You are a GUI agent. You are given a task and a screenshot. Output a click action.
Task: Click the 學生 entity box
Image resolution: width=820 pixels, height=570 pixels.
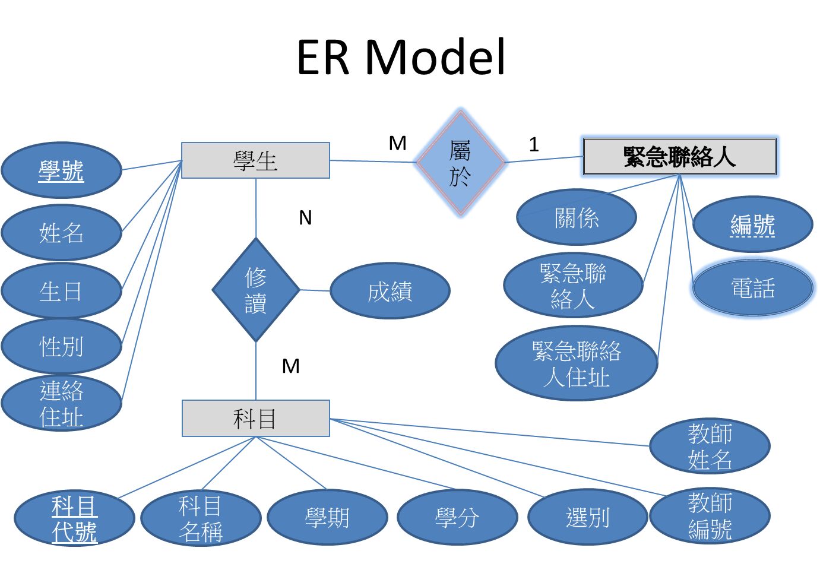[255, 160]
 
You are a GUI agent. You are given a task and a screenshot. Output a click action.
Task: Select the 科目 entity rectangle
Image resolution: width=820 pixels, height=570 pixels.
[255, 419]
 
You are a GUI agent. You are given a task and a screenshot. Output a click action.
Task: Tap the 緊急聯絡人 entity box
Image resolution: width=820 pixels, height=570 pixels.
[679, 157]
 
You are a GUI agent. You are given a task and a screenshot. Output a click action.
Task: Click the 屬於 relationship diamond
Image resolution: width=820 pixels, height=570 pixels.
[460, 162]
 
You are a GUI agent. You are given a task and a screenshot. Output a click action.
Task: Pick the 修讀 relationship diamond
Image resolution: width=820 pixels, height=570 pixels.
[256, 290]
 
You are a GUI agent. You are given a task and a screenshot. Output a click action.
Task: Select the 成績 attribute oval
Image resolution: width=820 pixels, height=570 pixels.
[390, 291]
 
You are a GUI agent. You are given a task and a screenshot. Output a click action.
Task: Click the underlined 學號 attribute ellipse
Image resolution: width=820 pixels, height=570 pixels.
[61, 170]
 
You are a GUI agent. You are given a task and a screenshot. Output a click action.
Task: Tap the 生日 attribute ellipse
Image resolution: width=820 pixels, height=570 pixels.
[61, 291]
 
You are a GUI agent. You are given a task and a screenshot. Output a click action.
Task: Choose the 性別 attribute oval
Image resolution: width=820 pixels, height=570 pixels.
[61, 346]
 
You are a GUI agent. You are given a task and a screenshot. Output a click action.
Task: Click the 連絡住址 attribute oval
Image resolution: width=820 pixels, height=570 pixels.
[61, 403]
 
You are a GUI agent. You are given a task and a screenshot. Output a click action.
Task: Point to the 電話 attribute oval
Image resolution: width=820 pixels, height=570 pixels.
[752, 289]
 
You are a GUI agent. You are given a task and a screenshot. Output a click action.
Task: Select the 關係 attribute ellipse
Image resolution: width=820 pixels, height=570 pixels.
[576, 217]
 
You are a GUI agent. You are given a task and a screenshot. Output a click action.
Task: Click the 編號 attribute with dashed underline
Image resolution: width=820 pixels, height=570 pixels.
[752, 224]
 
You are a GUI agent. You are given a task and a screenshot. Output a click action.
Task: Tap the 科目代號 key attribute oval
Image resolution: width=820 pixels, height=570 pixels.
[74, 519]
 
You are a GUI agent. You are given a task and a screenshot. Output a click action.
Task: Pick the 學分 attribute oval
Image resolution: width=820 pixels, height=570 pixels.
[457, 517]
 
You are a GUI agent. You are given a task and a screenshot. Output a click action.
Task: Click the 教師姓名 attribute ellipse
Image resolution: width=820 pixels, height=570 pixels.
[710, 446]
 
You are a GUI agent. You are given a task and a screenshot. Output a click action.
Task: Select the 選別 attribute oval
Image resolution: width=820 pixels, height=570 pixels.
[587, 517]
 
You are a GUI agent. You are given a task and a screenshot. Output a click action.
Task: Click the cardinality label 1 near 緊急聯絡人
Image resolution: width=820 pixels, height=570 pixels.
[534, 144]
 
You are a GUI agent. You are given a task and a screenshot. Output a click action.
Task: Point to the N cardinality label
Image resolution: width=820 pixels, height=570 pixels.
[305, 218]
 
